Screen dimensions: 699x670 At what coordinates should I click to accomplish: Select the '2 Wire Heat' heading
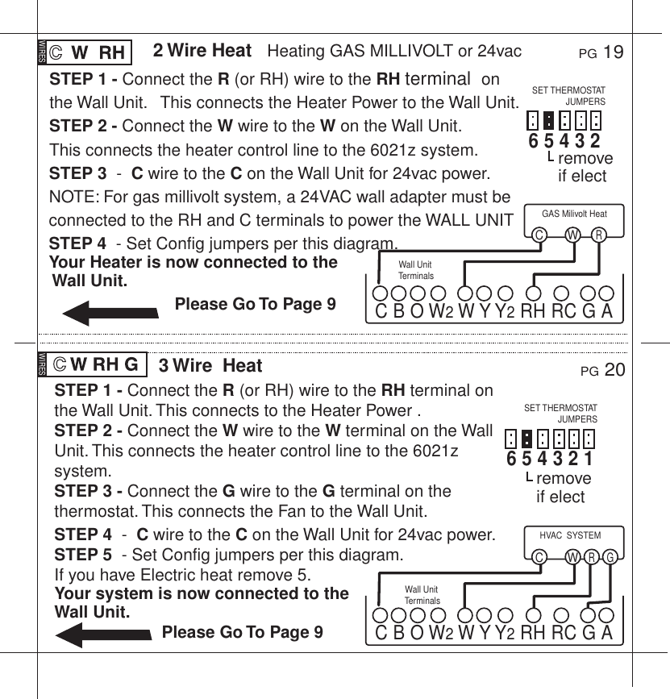[202, 51]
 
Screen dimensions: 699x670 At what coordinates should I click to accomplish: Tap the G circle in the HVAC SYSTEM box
[611, 557]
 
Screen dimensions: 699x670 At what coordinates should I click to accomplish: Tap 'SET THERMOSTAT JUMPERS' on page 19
[569, 96]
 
